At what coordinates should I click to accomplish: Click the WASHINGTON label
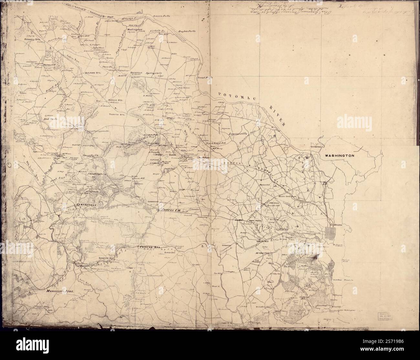click(x=340, y=156)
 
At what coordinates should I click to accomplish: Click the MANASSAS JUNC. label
click(x=58, y=291)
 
